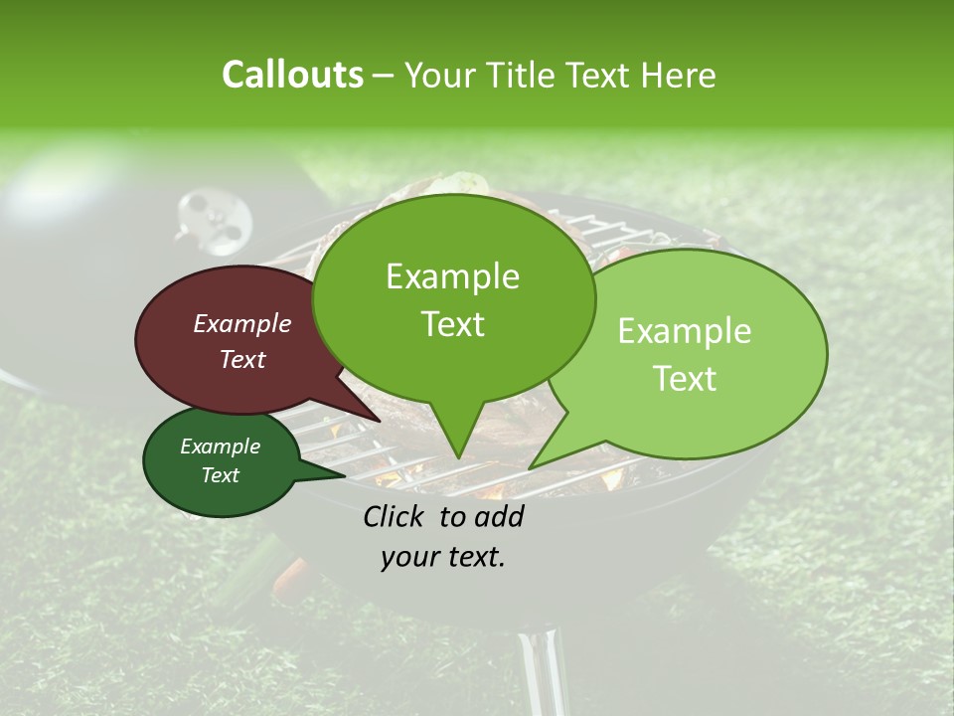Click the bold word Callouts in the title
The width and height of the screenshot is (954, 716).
[292, 75]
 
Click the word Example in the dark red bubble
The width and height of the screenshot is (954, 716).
[242, 323]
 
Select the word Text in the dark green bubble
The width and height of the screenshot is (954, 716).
[220, 475]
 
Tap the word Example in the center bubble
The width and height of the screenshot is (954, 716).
[452, 276]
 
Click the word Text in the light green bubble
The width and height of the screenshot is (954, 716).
[685, 379]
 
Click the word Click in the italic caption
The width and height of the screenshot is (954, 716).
[397, 516]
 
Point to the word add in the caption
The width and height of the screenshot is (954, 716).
[499, 516]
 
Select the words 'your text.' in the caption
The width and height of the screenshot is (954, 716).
[443, 558]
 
